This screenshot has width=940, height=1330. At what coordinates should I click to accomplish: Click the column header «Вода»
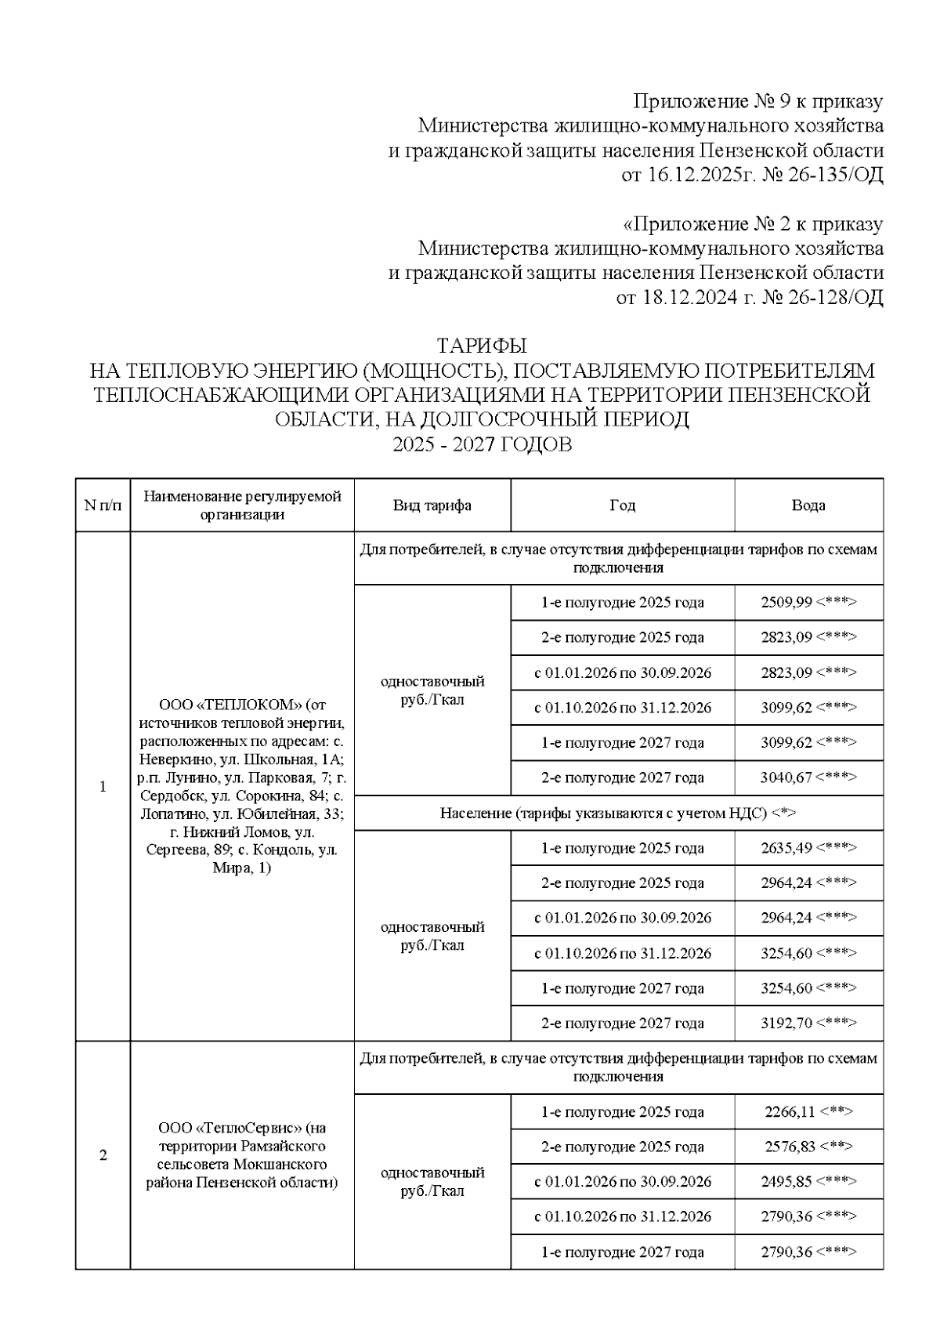pyautogui.click(x=808, y=506)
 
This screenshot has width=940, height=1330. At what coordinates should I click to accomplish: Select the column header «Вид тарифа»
pyautogui.click(x=432, y=506)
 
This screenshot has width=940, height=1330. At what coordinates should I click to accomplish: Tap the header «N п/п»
pyautogui.click(x=103, y=506)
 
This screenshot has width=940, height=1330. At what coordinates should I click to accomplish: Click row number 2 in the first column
pyautogui.click(x=103, y=1155)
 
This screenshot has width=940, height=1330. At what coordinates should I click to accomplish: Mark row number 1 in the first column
pyautogui.click(x=103, y=787)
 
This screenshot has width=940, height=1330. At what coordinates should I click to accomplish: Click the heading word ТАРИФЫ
pyautogui.click(x=481, y=346)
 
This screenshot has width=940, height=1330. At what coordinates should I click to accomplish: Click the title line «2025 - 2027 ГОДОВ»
pyautogui.click(x=481, y=445)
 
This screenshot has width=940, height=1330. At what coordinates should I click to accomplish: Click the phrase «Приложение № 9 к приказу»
pyautogui.click(x=757, y=101)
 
